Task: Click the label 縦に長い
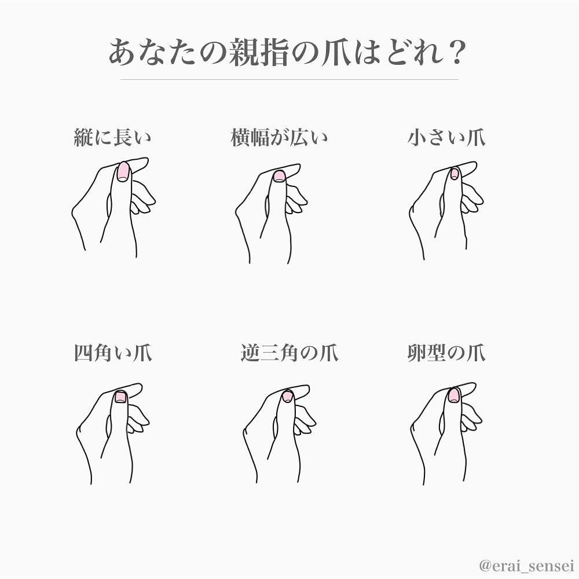[113, 137]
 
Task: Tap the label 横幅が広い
[279, 137]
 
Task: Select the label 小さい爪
[446, 137]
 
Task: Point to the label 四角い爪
[113, 353]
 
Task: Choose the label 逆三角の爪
[289, 353]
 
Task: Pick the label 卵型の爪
[446, 353]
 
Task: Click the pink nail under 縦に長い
[123, 172]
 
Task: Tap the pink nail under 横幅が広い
[279, 176]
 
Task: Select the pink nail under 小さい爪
[455, 174]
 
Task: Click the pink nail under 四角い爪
[120, 397]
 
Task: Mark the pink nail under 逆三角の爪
[288, 397]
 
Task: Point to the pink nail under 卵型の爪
[453, 395]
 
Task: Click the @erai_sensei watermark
[526, 565]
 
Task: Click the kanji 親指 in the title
[258, 53]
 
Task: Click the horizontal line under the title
[289, 79]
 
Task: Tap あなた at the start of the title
[152, 53]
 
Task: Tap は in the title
[367, 53]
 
